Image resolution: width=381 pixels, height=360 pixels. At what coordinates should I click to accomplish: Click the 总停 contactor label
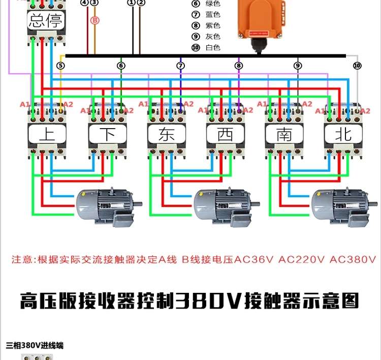pos(46,21)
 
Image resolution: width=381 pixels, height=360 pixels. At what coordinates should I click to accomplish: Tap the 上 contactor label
pos(47,134)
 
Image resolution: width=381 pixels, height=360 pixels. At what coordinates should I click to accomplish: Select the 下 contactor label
pos(108,134)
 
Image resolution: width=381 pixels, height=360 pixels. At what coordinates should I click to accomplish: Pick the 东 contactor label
pos(167,134)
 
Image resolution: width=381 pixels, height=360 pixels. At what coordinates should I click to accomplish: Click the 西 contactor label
pos(226,134)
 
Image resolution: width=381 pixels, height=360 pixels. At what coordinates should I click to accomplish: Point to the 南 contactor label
pos(284,134)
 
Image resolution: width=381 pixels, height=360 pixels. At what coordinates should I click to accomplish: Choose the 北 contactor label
pos(343,134)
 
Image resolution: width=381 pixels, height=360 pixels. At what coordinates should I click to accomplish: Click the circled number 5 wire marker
pos(61,66)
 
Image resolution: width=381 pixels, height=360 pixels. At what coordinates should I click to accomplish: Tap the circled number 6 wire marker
pos(121,66)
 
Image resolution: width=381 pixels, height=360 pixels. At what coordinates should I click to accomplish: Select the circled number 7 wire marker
pos(180,66)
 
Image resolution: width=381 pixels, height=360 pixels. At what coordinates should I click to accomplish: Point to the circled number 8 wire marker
pos(239,66)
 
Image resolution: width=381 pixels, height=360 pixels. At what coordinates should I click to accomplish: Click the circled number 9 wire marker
pos(298,66)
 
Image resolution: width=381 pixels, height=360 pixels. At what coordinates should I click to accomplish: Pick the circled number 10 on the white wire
pos(357,66)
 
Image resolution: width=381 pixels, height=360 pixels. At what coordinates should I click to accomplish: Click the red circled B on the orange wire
pos(95,20)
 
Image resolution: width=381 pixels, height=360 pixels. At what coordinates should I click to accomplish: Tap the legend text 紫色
pos(213,25)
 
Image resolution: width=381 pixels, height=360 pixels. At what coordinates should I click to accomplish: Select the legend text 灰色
pos(213,37)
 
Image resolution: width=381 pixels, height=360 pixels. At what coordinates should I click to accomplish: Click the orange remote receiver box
pos(262,19)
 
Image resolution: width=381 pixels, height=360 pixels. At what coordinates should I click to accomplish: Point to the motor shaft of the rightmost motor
pos(373,203)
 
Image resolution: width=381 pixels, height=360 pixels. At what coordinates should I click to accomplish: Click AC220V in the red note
pos(302,259)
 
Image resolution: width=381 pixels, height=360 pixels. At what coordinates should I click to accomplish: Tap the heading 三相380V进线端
pos(35,345)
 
